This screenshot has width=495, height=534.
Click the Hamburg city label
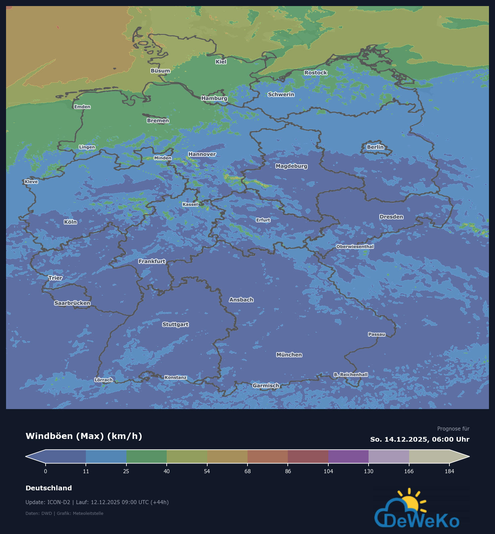(214, 98)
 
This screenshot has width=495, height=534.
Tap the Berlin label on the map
(375, 147)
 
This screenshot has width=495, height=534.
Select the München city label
(289, 355)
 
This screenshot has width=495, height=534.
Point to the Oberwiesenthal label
(355, 247)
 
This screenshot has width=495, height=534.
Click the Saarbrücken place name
(72, 303)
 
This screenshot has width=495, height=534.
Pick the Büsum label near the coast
(160, 71)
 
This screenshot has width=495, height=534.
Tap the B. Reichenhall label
(350, 374)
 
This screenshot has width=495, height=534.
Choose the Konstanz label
(175, 377)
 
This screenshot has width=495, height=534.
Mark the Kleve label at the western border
(31, 182)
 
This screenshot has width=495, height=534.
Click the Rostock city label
(316, 73)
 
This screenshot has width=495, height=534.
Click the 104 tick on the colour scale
(328, 471)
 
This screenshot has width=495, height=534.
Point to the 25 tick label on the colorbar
(126, 471)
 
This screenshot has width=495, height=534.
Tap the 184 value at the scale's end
(449, 471)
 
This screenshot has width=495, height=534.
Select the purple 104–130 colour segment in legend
(348, 456)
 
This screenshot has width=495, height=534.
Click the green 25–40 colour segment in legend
(147, 456)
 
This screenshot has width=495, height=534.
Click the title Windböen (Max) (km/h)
(84, 436)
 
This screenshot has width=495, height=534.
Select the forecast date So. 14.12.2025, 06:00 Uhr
(420, 439)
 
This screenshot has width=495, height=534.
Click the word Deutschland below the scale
(49, 488)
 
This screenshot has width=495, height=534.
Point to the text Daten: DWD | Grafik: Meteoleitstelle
(64, 513)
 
